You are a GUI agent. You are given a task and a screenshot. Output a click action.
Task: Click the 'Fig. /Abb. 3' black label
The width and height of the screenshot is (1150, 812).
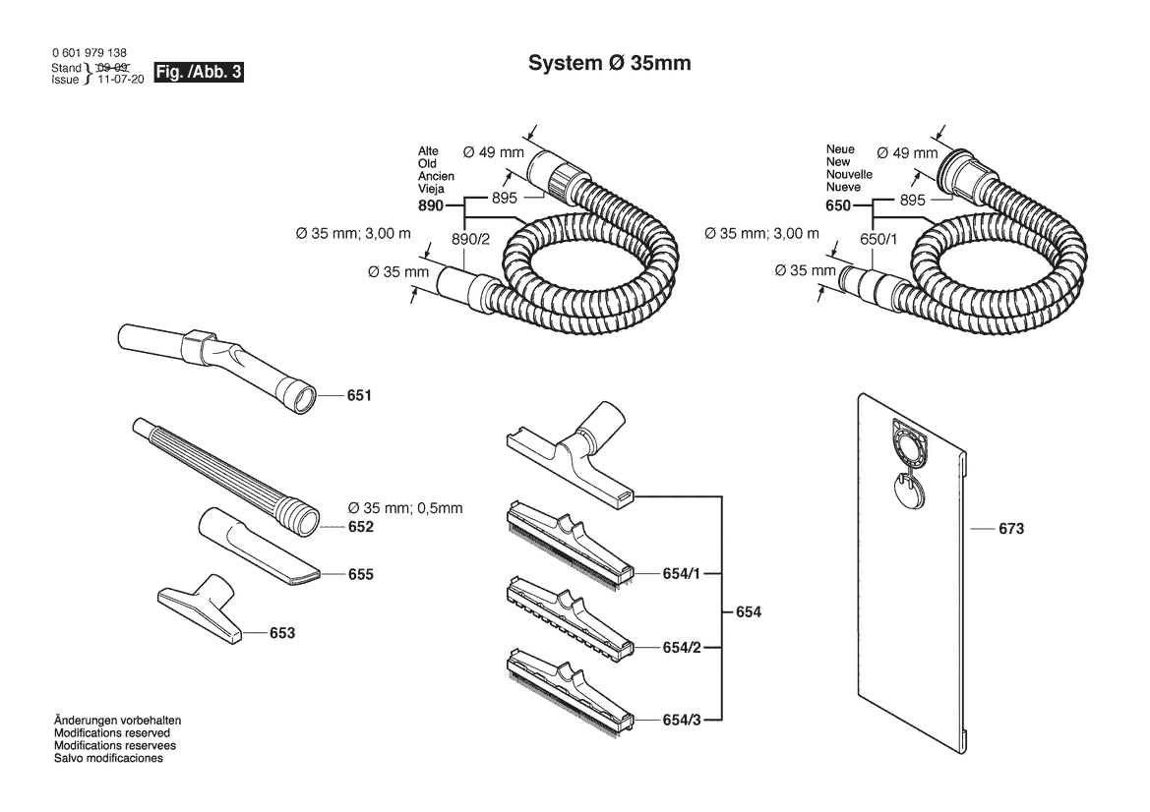click(198, 72)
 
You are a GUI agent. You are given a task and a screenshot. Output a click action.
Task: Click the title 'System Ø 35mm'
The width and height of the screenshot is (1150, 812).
click(610, 63)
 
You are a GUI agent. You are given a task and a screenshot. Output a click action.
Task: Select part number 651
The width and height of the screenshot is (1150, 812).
click(359, 396)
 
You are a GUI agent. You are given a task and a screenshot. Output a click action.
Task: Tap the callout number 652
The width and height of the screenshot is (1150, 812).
click(361, 527)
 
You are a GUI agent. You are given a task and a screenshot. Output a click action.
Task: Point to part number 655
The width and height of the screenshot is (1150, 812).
click(361, 574)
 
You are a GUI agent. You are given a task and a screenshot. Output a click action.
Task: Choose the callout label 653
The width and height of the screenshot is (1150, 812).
click(282, 633)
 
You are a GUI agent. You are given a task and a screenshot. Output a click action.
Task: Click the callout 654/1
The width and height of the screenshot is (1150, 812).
click(682, 574)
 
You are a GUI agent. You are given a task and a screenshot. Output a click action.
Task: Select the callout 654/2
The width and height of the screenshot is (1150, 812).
click(682, 648)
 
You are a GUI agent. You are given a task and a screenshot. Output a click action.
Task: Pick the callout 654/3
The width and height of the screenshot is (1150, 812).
click(682, 721)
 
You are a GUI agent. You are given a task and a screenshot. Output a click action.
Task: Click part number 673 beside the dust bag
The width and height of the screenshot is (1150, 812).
click(1011, 528)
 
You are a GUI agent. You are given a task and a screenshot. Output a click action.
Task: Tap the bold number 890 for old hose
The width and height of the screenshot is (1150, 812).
click(431, 205)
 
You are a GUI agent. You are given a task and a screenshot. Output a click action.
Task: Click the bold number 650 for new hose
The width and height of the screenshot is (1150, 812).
click(838, 205)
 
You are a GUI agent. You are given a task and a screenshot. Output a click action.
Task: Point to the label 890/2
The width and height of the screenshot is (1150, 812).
click(471, 239)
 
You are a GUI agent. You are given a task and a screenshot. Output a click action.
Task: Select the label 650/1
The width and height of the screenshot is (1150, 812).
click(878, 239)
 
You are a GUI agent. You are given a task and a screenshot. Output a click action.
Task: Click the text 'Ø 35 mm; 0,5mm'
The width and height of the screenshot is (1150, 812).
click(405, 508)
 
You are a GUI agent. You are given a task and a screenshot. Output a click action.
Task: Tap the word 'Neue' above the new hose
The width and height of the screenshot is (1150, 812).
click(840, 149)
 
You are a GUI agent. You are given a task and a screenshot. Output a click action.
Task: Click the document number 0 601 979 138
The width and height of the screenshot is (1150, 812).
click(90, 53)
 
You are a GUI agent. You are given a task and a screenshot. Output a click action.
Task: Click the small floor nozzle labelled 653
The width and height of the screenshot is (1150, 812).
click(200, 609)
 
